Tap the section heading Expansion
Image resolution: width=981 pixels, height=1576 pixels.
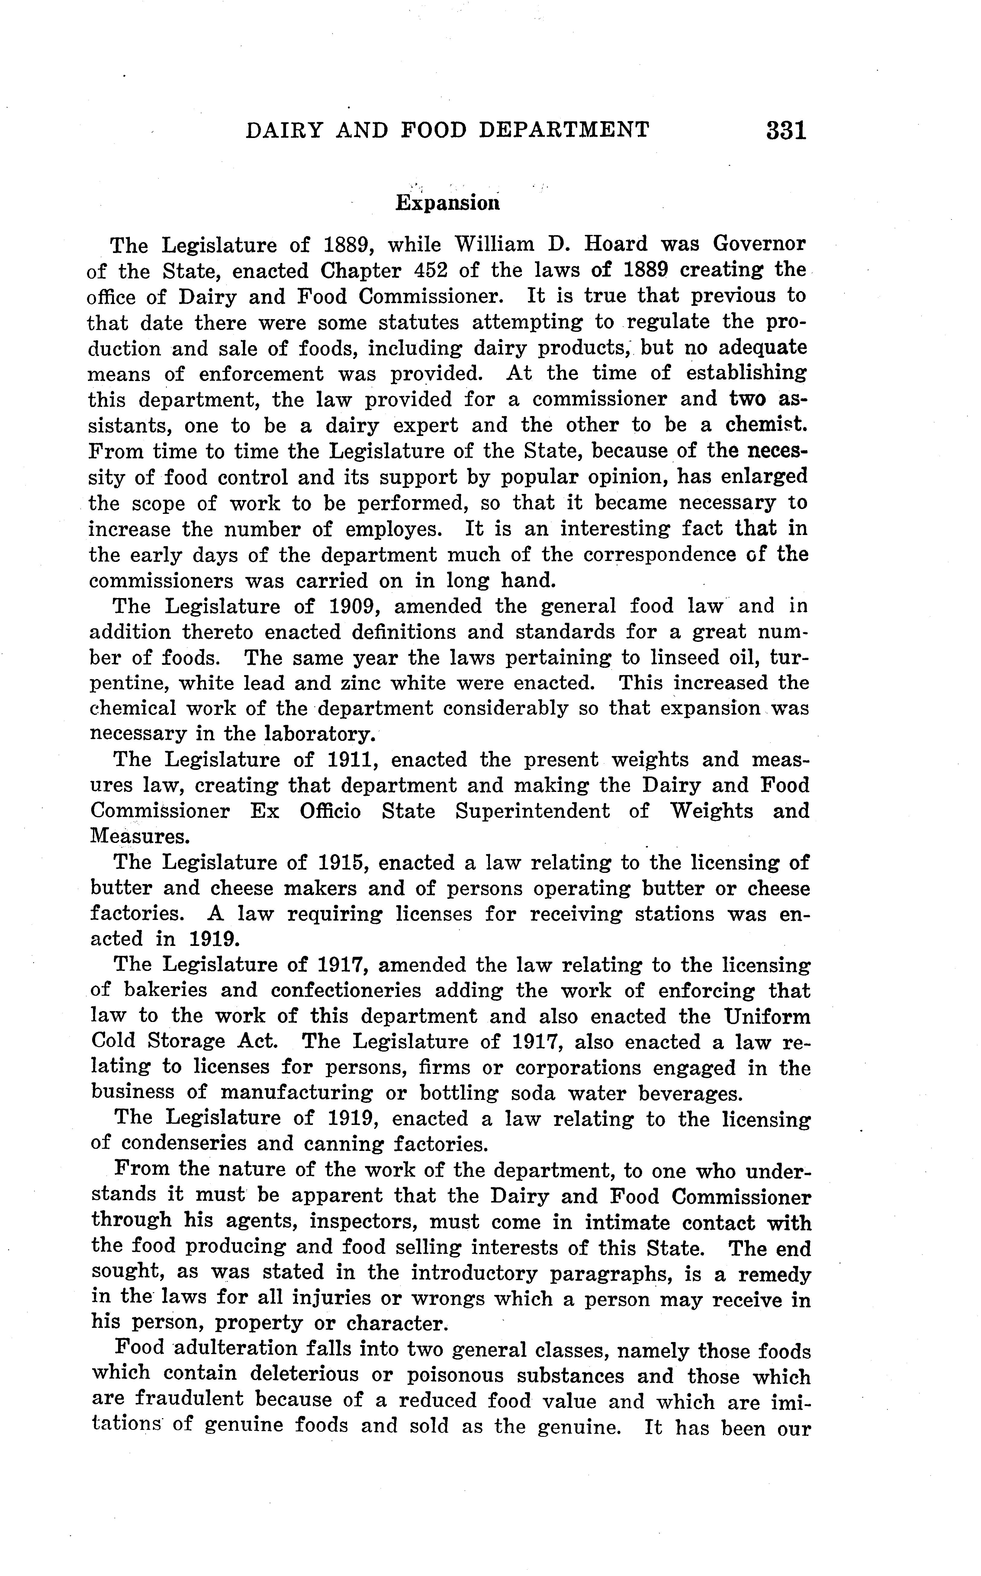(448, 203)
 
